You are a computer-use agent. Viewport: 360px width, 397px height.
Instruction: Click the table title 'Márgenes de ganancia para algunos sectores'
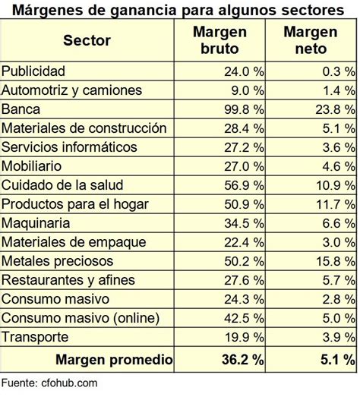point(179,9)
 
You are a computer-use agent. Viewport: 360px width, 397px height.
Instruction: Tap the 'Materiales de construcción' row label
point(84,128)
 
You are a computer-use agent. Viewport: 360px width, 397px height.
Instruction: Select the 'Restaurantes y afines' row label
point(69,280)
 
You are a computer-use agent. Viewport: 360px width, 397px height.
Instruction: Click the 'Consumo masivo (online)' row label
point(79,318)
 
